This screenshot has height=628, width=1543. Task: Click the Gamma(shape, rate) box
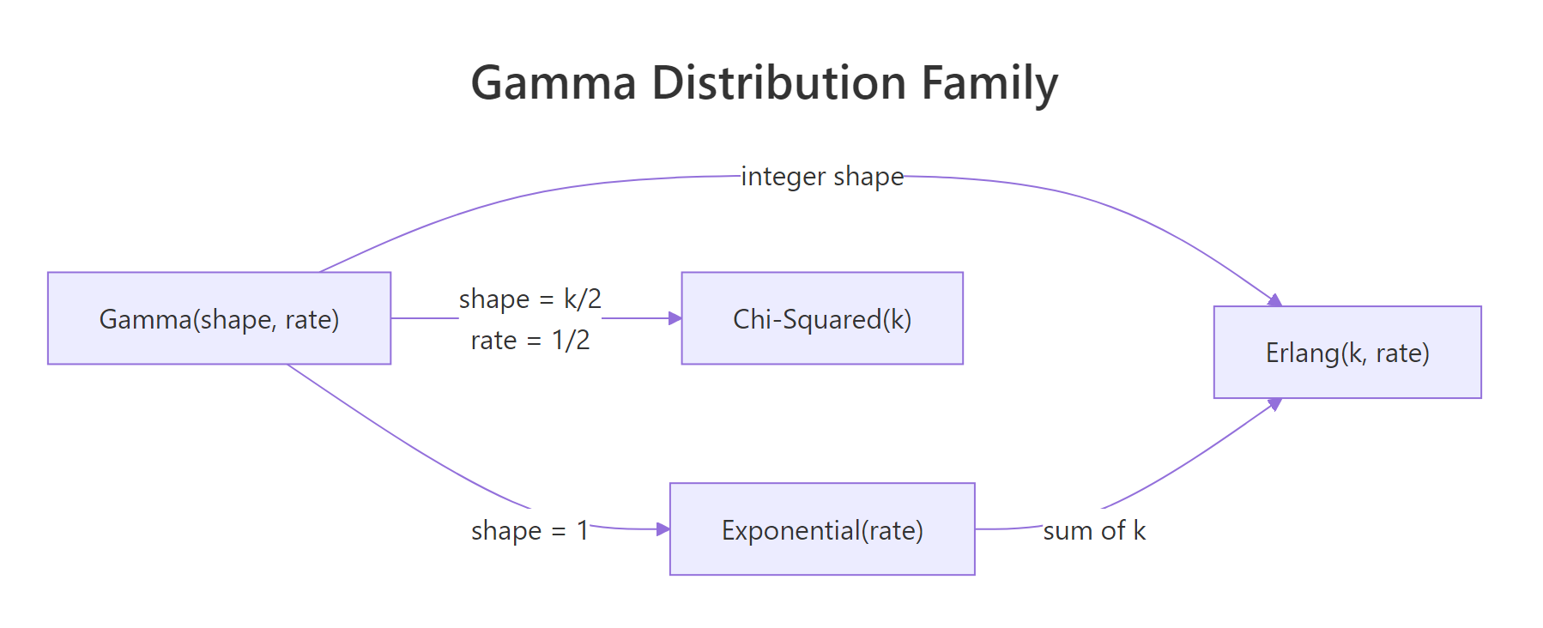[219, 318]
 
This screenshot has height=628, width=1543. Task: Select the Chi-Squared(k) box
[821, 318]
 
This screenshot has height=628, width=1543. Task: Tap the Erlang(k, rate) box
[1346, 353]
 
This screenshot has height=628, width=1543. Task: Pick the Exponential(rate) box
[821, 529]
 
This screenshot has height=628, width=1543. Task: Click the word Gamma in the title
[554, 83]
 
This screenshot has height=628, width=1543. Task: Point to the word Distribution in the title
[778, 83]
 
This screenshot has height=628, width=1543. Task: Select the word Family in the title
[989, 83]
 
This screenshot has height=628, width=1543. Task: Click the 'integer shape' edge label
[821, 176]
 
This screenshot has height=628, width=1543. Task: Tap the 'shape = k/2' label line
[529, 299]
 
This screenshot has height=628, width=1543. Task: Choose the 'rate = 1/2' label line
[529, 340]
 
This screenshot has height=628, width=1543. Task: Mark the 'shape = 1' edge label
[529, 530]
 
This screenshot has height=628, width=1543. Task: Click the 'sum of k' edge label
[1093, 530]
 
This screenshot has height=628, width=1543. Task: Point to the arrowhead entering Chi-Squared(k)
[675, 318]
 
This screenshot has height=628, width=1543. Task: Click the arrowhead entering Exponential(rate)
[663, 529]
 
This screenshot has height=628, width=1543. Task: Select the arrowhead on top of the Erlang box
[1275, 300]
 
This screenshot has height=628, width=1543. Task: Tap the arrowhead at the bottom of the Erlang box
[1275, 404]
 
